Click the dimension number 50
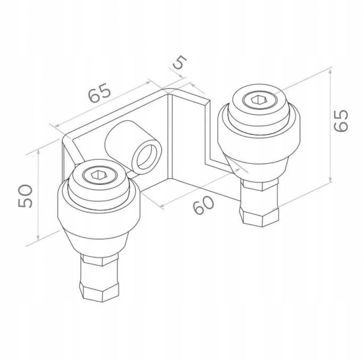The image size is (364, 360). (x=26, y=196)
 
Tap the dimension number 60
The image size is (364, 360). (x=204, y=205)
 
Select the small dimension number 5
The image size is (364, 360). (x=180, y=62)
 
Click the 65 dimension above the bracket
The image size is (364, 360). (x=100, y=93)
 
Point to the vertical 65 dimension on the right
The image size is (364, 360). (x=341, y=120)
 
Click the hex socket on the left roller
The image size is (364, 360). (x=99, y=175)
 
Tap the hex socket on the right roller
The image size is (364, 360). (x=259, y=100)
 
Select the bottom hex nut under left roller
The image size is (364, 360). (x=99, y=291)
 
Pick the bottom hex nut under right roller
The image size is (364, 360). (x=259, y=217)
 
